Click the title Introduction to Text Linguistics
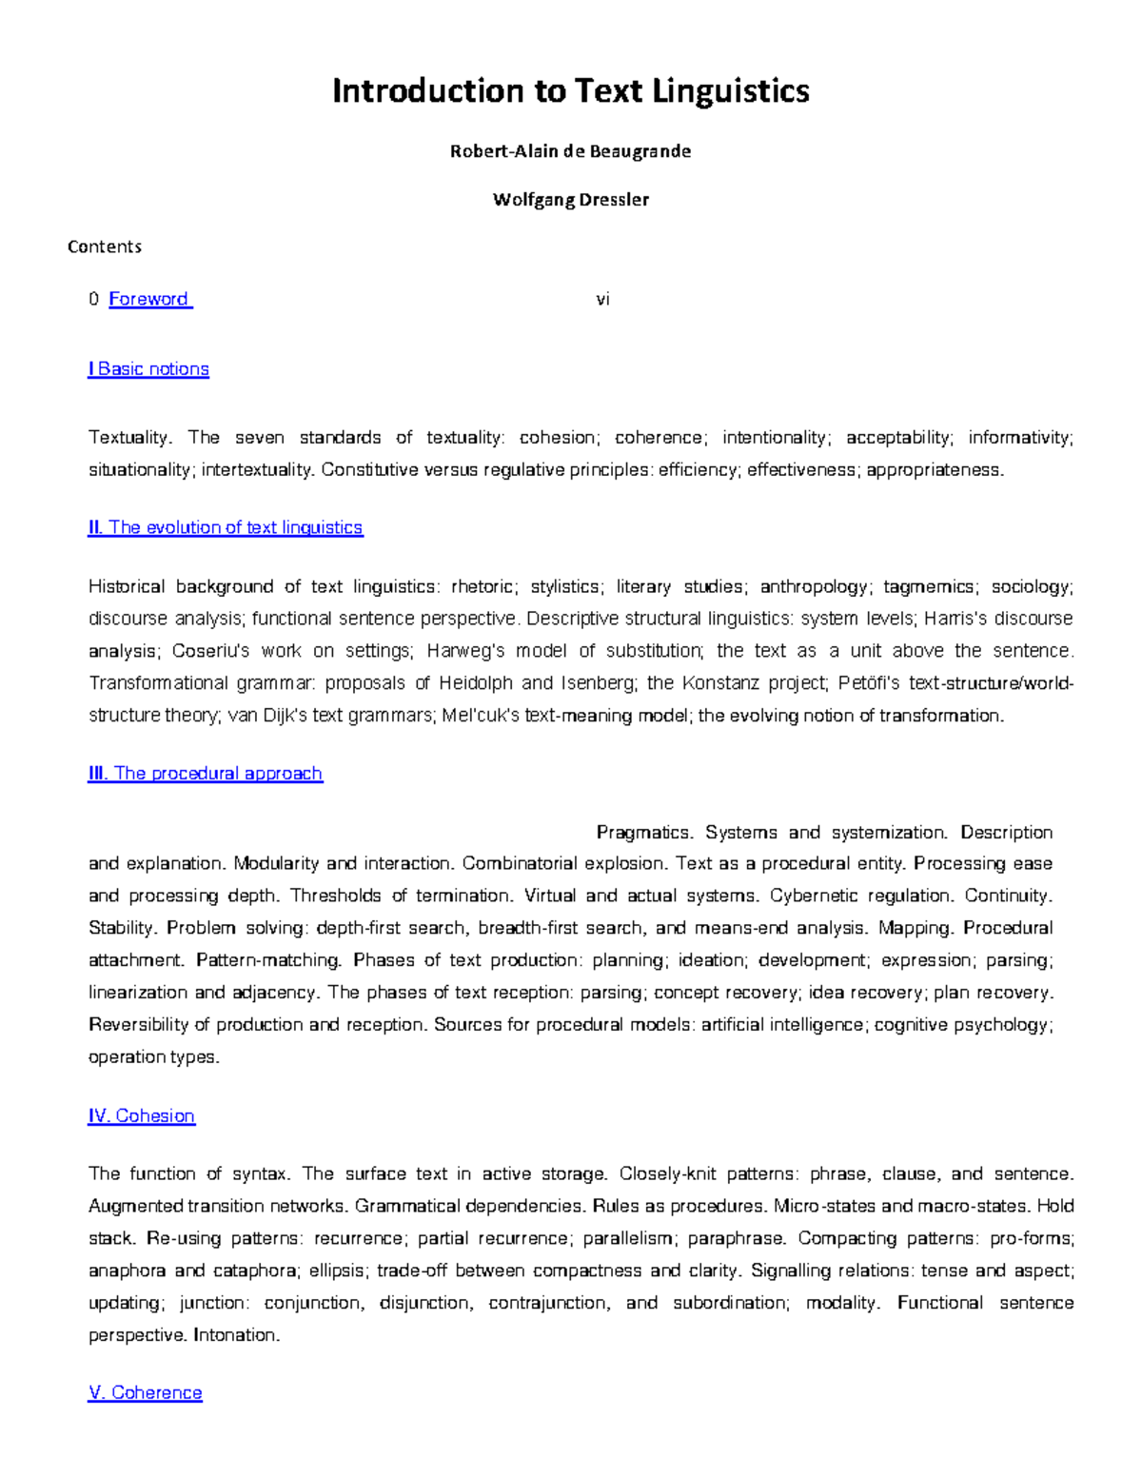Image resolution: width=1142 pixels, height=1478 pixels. [x=570, y=91]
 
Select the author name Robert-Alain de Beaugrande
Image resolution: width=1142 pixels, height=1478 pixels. [x=570, y=151]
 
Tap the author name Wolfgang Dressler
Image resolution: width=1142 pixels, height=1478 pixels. [x=570, y=200]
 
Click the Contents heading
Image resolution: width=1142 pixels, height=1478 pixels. [x=105, y=246]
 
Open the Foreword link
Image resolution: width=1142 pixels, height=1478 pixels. [x=149, y=299]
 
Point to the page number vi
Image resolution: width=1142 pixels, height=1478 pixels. [x=602, y=299]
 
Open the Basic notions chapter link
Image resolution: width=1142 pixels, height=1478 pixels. [x=148, y=369]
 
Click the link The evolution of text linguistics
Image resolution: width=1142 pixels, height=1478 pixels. [x=226, y=527]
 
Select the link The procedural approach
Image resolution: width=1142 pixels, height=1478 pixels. [x=206, y=774]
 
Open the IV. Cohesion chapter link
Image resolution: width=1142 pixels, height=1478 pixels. [x=142, y=1116]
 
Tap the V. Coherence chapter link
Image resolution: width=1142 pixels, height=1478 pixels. [x=146, y=1392]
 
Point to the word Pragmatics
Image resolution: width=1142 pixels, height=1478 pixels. [x=643, y=833]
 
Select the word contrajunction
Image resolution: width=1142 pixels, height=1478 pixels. [x=548, y=1303]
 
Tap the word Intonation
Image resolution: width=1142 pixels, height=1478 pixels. [x=236, y=1335]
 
